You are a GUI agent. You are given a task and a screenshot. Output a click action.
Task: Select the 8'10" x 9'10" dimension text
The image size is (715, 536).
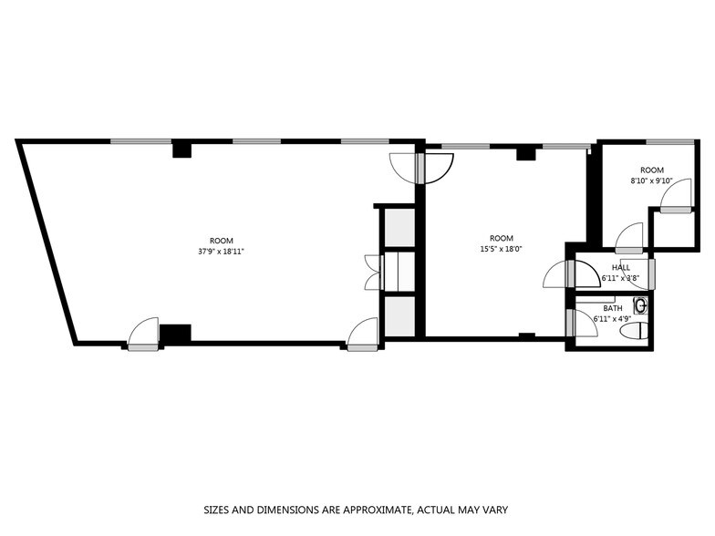click(651, 180)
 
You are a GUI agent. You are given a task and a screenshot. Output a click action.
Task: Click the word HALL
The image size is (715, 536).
click(620, 267)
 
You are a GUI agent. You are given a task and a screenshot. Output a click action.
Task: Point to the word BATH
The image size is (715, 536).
click(613, 308)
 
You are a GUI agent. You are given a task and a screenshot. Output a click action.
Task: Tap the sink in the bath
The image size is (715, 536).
click(641, 305)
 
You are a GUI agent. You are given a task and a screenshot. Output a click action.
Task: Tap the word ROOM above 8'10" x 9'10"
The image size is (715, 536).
click(651, 170)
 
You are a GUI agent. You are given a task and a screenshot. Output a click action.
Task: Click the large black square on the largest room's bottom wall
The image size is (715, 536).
click(175, 334)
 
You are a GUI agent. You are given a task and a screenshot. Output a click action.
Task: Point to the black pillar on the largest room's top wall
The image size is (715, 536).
click(182, 149)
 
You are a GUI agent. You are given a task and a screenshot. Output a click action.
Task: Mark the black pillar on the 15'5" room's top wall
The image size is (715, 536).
click(524, 153)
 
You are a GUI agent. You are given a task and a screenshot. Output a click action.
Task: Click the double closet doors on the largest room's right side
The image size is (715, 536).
click(372, 272)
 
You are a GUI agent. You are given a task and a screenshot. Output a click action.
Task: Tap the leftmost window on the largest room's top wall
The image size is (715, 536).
click(141, 141)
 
